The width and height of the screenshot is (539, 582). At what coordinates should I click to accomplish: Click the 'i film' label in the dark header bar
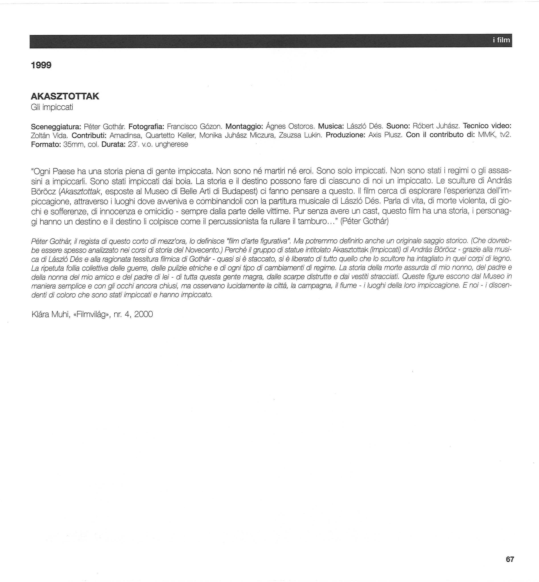pos(501,40)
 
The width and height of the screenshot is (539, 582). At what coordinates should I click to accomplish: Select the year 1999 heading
pos(41,65)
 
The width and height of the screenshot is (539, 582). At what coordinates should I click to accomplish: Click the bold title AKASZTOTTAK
pos(65,96)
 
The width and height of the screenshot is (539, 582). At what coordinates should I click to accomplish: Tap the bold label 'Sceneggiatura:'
pos(56,127)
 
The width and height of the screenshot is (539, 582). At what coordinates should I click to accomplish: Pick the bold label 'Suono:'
pos(398,126)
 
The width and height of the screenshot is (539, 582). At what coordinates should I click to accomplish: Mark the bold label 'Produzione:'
pos(345,135)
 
